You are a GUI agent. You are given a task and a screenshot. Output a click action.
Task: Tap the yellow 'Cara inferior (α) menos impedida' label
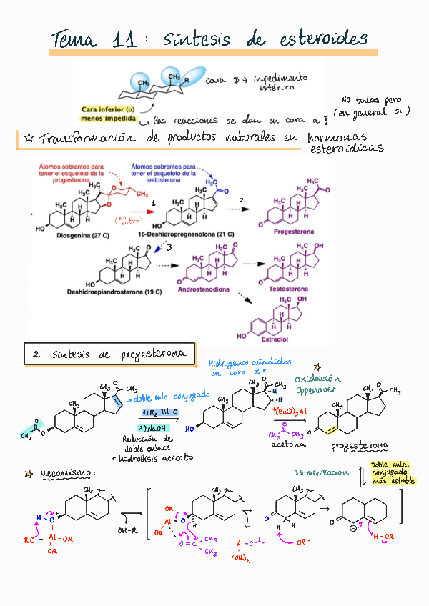tap(107, 113)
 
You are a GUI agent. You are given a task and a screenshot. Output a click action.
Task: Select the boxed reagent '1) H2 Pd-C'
tap(159, 413)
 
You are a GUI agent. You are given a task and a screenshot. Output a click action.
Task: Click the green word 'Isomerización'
tap(321, 472)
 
